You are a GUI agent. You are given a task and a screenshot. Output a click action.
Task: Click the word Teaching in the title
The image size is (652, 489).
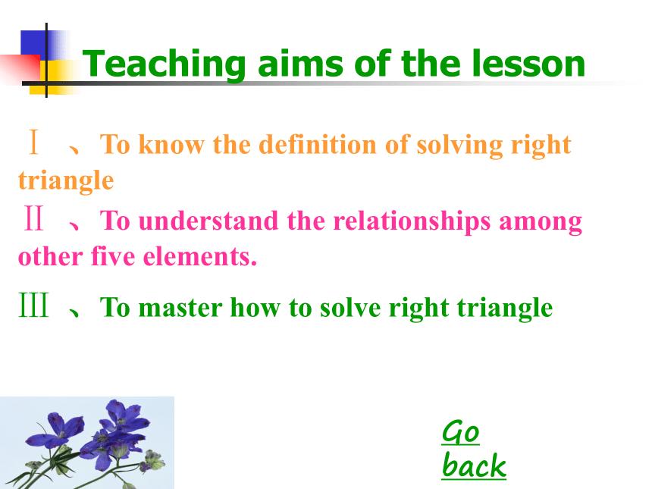(164, 64)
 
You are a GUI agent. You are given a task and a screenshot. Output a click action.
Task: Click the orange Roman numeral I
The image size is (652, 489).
(34, 142)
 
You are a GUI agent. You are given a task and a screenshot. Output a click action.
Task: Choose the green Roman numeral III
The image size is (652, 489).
(34, 305)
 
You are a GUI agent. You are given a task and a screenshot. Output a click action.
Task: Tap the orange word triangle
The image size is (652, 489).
(66, 181)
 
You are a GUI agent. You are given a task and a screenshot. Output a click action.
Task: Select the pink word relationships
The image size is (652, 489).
(412, 221)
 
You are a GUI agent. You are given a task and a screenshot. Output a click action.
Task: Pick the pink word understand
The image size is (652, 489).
(208, 221)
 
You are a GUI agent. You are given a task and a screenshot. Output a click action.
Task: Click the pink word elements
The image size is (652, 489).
(200, 256)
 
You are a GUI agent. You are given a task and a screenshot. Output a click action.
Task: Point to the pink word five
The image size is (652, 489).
(113, 256)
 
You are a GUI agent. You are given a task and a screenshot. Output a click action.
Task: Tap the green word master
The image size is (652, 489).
(180, 308)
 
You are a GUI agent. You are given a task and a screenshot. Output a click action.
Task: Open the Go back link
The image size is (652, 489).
(474, 449)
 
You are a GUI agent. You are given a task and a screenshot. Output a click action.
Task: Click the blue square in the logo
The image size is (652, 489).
(33, 43)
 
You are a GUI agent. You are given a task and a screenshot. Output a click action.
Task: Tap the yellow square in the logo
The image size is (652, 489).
(46, 77)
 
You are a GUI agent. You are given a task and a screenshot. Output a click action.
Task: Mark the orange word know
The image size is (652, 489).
(171, 144)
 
